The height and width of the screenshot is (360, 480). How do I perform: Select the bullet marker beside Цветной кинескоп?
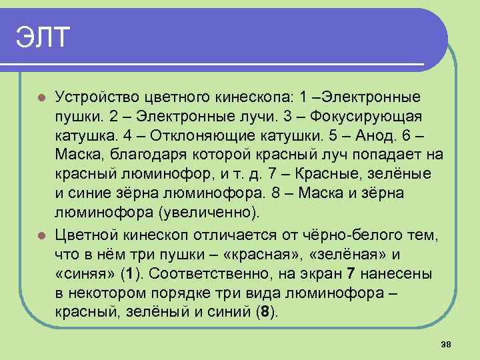coord(41,235)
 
